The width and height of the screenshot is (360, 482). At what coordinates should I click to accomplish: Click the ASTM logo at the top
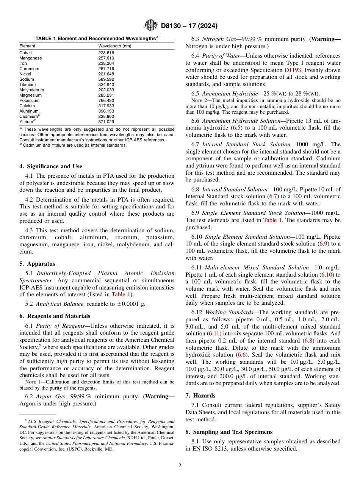(151, 26)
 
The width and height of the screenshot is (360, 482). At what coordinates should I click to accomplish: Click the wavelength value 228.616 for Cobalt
(106, 53)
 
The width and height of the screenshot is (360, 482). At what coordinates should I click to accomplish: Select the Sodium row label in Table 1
(27, 79)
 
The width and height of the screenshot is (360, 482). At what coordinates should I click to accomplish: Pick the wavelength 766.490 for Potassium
(106, 100)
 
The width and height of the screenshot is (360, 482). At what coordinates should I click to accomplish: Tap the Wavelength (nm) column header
(114, 46)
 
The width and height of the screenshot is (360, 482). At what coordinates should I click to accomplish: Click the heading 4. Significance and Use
(50, 166)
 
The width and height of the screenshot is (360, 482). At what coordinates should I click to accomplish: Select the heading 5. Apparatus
(37, 264)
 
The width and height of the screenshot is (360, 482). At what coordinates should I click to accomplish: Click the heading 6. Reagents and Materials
(55, 316)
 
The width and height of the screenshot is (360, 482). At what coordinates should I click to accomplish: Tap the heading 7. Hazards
(200, 396)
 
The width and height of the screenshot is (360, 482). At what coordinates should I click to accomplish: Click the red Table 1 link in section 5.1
(121, 294)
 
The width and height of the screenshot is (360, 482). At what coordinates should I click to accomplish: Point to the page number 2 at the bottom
(180, 466)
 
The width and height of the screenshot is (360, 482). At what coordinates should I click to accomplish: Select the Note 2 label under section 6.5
(199, 101)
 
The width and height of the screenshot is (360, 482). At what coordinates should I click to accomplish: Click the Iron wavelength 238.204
(106, 63)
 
